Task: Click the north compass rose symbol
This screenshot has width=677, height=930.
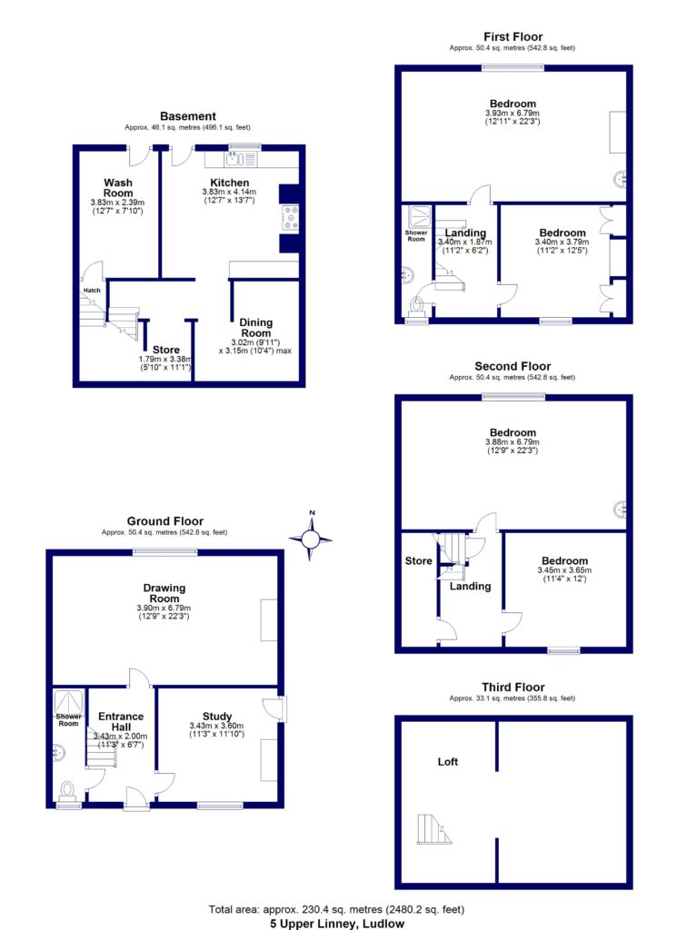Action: [311, 540]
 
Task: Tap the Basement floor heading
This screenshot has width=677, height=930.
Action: [188, 116]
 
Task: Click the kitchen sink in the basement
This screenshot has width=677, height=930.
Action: [233, 161]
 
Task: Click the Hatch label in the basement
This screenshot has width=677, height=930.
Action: [92, 291]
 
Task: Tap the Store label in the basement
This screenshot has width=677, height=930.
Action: [165, 350]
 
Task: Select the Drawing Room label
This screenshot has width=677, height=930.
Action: [164, 593]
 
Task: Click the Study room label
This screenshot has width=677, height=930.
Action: [217, 717]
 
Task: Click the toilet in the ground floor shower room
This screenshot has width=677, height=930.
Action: [67, 789]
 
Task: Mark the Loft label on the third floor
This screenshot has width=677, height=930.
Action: [447, 762]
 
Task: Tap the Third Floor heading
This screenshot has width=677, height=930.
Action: [513, 688]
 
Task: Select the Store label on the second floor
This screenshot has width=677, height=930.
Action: [419, 561]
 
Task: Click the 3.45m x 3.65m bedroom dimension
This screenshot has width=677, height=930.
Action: [564, 570]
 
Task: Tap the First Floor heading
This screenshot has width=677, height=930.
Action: [513, 37]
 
